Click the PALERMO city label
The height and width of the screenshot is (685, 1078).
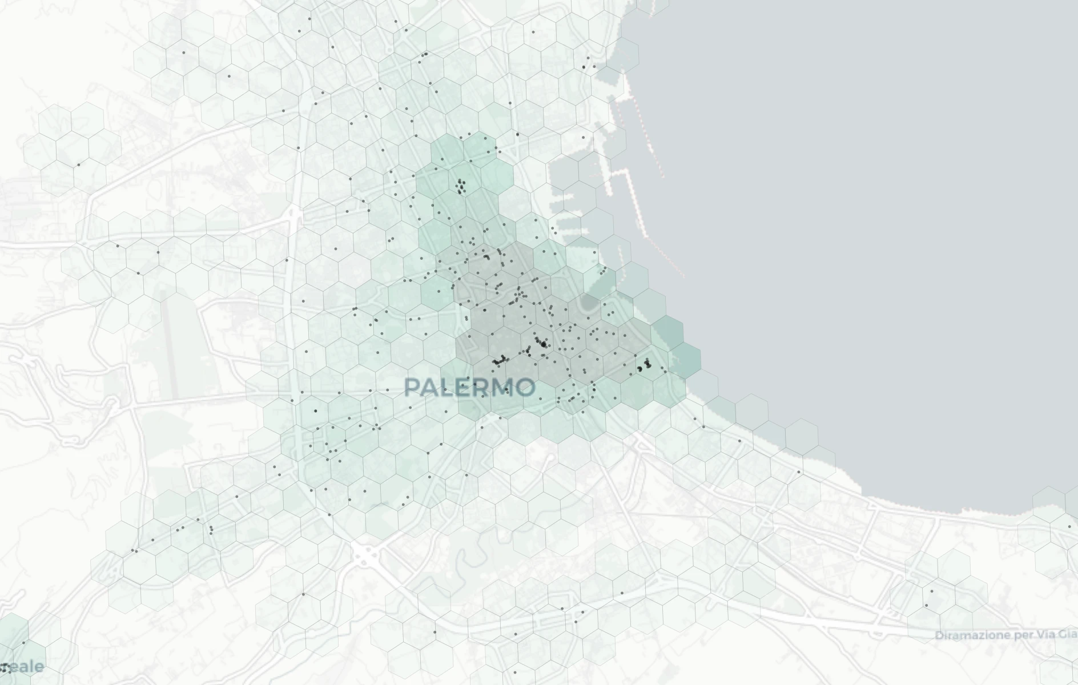click(469, 388)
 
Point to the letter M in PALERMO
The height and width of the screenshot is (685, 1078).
click(501, 388)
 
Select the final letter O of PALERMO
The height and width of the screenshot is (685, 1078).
click(525, 388)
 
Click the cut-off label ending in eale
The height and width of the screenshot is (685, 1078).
click(26, 666)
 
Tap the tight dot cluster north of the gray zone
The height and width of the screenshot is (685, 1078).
click(461, 186)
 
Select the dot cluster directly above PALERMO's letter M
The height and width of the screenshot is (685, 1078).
click(500, 361)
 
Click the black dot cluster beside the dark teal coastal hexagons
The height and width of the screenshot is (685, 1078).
click(644, 365)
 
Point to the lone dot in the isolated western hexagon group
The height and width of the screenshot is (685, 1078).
click(79, 165)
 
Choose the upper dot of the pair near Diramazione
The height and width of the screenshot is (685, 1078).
click(932, 591)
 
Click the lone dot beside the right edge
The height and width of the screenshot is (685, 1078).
click(1069, 527)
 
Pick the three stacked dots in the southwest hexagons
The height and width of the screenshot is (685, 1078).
click(211, 530)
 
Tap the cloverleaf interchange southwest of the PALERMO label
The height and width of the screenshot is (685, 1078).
click(365, 553)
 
